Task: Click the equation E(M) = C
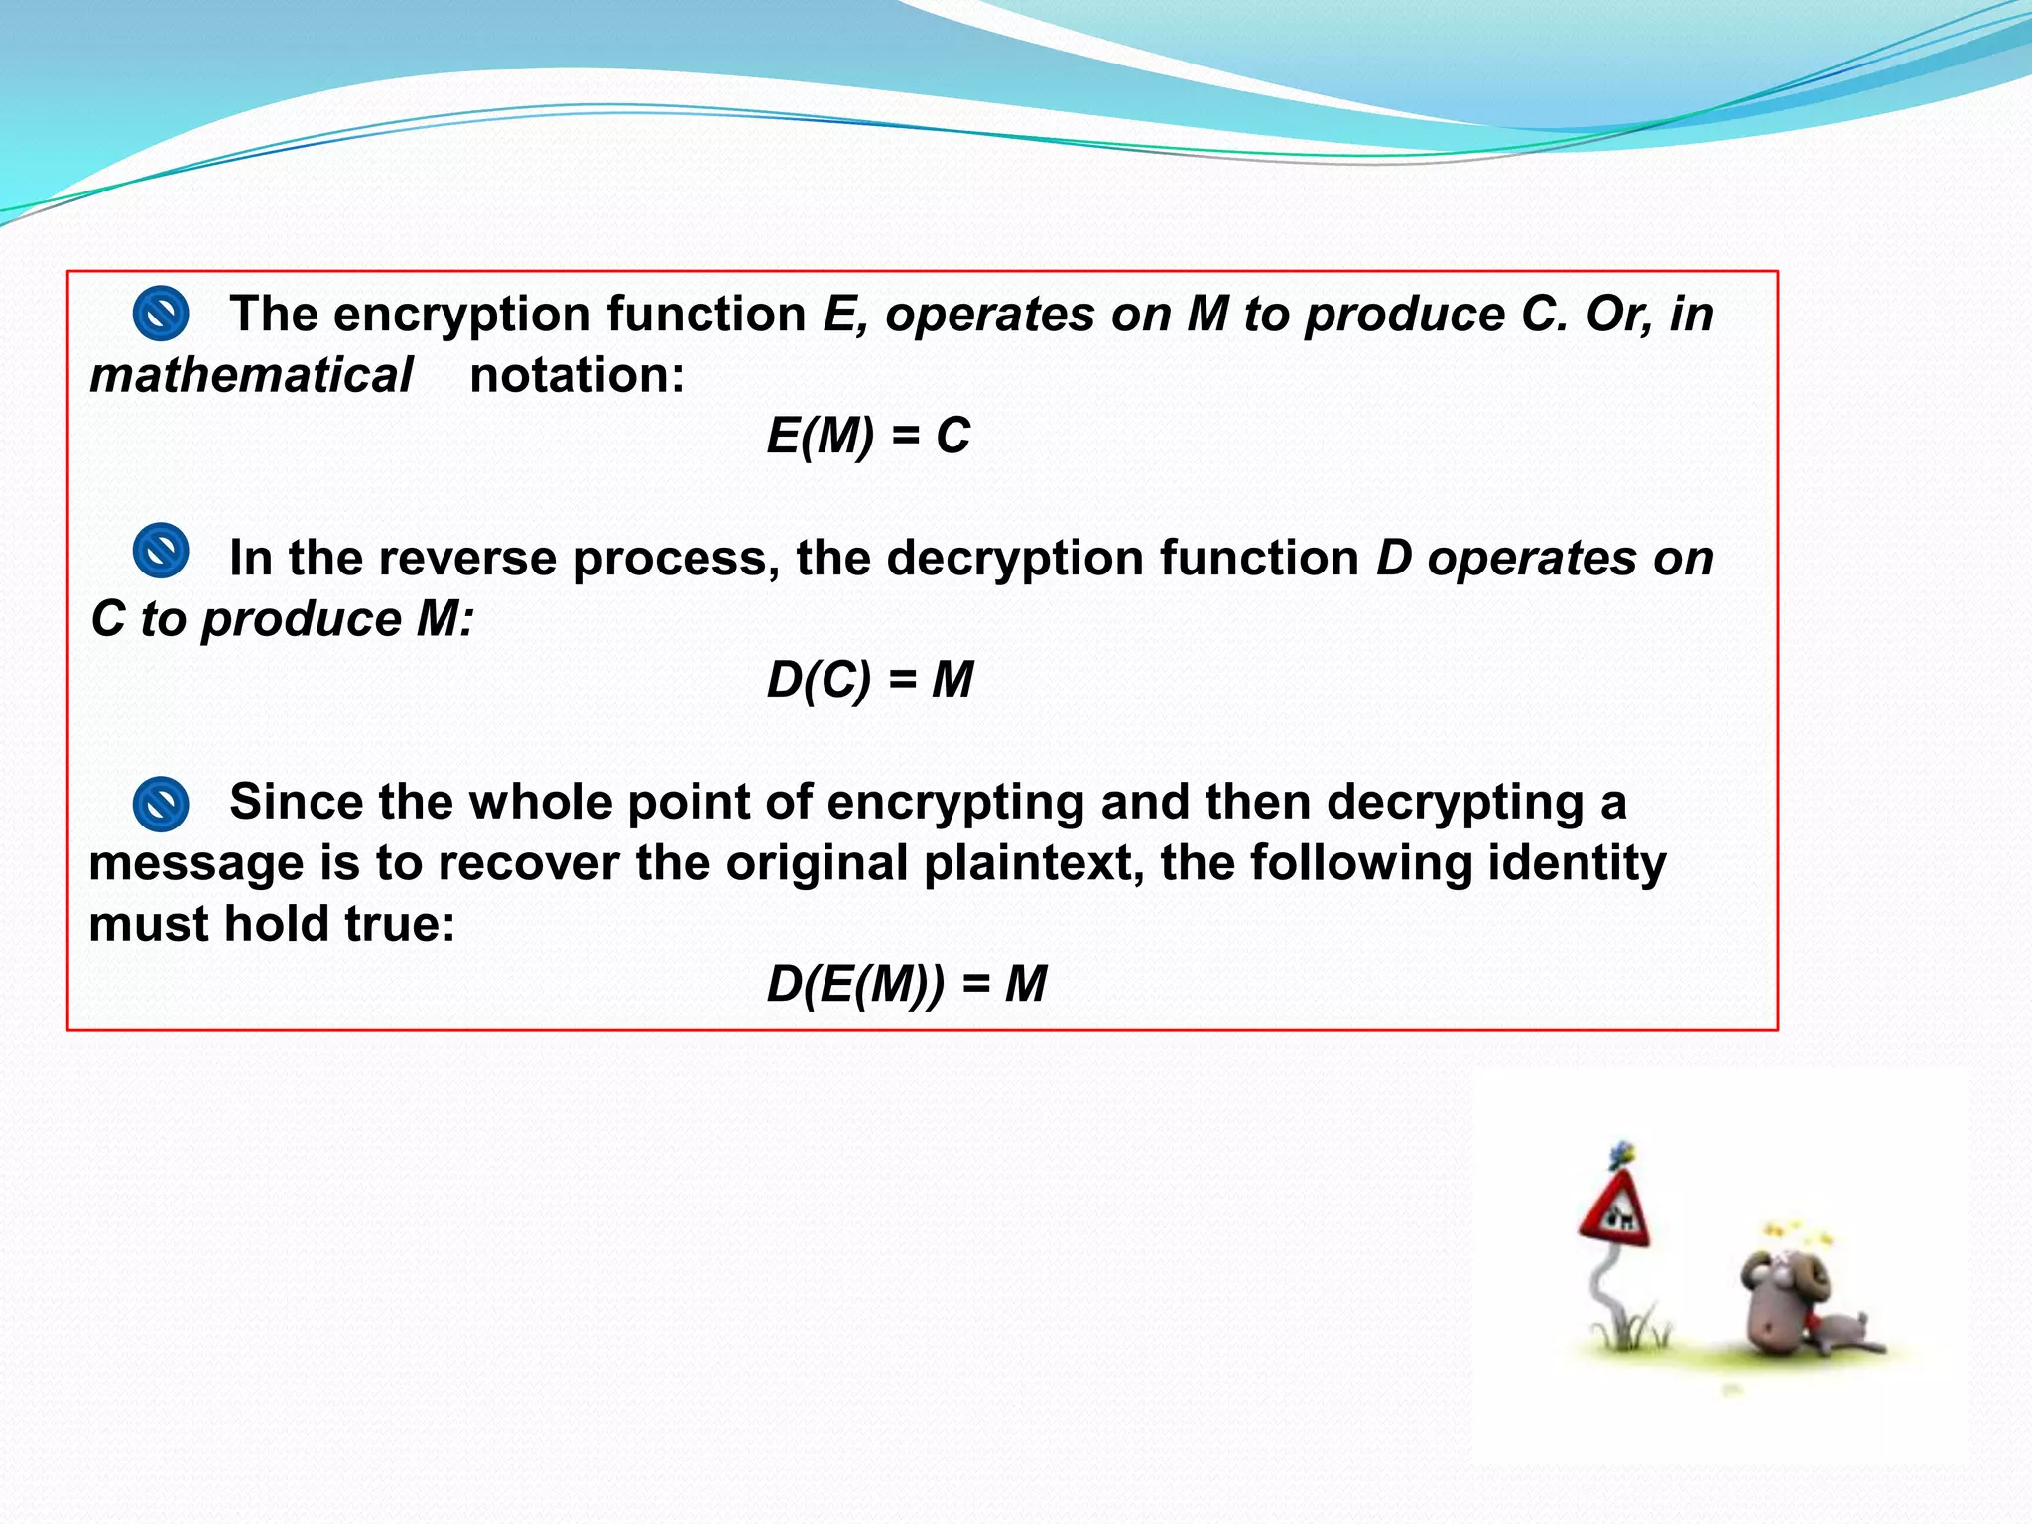(x=868, y=437)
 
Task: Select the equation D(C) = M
(x=869, y=681)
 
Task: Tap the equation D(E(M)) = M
(x=906, y=985)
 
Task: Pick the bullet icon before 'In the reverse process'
(x=161, y=551)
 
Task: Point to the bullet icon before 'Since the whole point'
(x=161, y=804)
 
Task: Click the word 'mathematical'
(x=251, y=376)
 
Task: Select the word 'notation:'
(x=576, y=376)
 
